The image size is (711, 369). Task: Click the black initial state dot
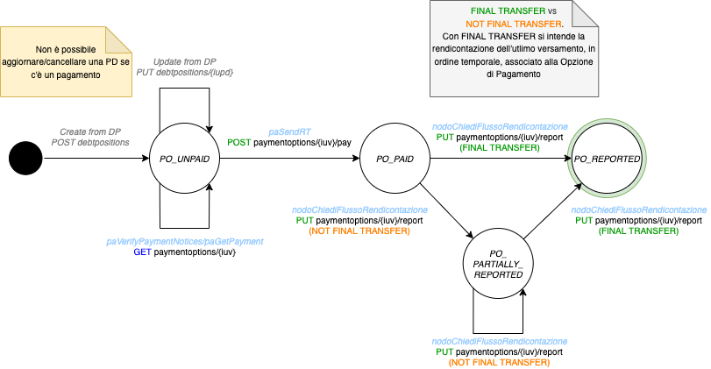tap(25, 159)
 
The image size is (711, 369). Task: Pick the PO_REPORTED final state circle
tap(608, 159)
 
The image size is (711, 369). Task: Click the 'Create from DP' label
tap(90, 131)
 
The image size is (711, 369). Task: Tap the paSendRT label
tap(289, 130)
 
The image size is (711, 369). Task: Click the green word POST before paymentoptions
tap(238, 141)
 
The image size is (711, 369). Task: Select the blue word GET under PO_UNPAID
tap(142, 252)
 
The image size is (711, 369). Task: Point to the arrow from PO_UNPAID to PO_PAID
tap(289, 159)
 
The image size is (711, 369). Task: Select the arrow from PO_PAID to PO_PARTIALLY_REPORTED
tap(447, 211)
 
